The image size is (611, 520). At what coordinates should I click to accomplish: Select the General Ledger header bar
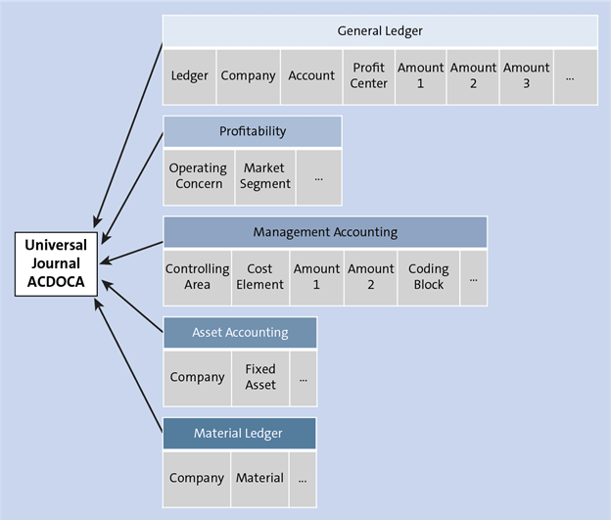pos(380,31)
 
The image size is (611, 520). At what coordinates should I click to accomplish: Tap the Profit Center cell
pos(369,75)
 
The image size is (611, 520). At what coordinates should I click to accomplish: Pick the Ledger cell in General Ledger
pos(189,75)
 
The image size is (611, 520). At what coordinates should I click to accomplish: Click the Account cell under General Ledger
pos(311,75)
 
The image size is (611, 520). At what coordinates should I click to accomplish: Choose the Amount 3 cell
pos(526,75)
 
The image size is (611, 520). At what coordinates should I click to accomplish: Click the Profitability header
pos(253,131)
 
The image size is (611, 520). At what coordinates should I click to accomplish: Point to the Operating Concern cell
pos(198,176)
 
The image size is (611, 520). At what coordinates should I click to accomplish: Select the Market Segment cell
pos(264,176)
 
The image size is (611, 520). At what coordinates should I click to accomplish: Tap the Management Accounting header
pos(325,232)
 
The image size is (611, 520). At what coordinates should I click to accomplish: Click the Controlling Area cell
pos(197,277)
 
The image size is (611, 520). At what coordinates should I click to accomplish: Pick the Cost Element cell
pos(259,277)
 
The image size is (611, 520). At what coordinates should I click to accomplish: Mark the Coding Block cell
pos(428,277)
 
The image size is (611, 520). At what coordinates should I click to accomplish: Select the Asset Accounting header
pos(240,332)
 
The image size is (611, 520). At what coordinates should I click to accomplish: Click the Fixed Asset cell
pos(259,377)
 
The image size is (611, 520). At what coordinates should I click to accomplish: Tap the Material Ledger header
pos(239,433)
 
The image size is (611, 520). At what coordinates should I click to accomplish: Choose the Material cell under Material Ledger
pos(259,479)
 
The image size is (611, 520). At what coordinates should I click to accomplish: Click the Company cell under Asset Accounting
pos(197,377)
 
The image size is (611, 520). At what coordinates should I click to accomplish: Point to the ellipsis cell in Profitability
pos(318,176)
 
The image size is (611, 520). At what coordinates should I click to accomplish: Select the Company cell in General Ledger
pos(248,75)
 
